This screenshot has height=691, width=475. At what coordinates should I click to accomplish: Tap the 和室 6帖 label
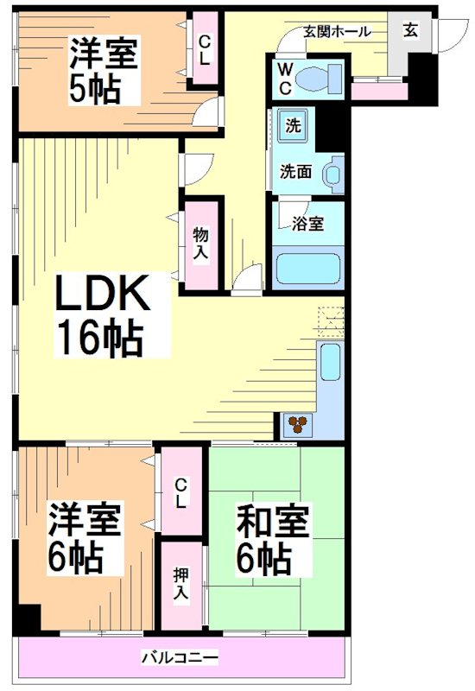point(275,542)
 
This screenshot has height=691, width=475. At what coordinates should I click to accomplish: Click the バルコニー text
point(180,659)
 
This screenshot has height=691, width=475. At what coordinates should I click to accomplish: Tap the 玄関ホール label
point(336,31)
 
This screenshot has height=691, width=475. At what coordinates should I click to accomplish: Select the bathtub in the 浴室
point(308,268)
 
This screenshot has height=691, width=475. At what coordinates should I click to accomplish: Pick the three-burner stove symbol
point(298,424)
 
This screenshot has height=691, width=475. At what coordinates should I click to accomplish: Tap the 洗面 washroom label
point(295,171)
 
